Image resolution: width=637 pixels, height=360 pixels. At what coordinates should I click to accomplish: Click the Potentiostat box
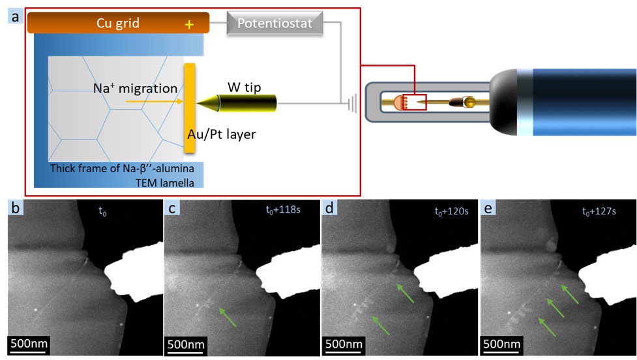pos(274,23)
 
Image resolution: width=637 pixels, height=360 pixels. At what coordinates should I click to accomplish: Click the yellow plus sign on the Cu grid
pos(190,25)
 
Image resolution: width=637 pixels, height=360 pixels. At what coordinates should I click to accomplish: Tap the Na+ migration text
pos(135,89)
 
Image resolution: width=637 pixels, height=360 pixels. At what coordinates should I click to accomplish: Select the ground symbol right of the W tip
pos(351,102)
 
